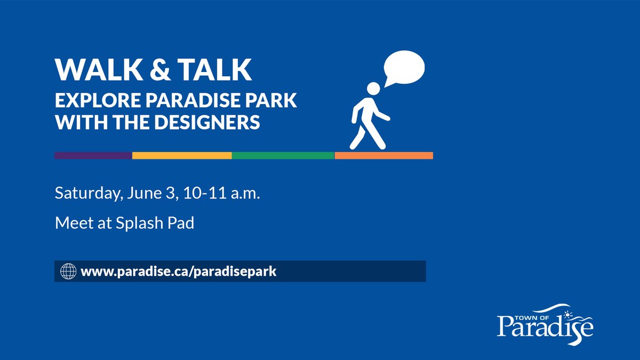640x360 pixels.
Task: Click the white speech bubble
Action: [x=404, y=68]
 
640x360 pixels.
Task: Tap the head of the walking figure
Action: [x=374, y=88]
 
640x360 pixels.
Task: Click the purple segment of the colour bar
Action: [x=93, y=155]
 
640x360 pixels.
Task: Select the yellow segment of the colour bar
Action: [x=181, y=155]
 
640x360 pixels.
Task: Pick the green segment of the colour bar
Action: [x=283, y=155]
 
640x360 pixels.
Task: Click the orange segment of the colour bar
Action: [x=383, y=155]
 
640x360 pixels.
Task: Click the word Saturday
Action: [x=85, y=194]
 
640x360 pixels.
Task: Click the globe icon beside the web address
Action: [x=67, y=271]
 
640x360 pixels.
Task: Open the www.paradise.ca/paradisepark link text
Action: [x=179, y=271]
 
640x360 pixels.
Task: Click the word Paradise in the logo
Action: [x=544, y=325]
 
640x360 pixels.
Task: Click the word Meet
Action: [x=73, y=223]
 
